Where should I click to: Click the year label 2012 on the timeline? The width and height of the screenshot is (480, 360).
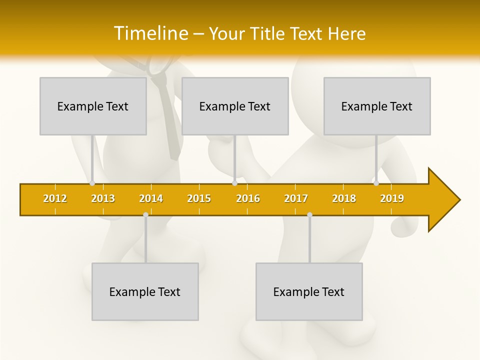tap(55, 198)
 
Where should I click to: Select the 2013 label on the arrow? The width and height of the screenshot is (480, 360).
tap(103, 198)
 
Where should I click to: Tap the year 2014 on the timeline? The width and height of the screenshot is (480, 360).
tap(151, 198)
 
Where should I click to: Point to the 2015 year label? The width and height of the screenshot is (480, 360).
tap(199, 198)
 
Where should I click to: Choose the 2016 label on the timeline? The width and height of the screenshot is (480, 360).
tap(248, 198)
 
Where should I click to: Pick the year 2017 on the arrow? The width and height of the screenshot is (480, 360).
tap(296, 198)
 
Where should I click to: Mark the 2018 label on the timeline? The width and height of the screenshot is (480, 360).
tap(344, 198)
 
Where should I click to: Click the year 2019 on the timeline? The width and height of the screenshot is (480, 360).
tap(392, 198)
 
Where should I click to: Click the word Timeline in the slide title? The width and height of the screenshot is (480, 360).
tap(150, 33)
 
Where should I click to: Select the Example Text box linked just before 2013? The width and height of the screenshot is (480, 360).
tap(93, 106)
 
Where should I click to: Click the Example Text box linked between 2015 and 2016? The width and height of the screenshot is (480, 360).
tap(235, 106)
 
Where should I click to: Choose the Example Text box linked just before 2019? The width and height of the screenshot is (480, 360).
tap(377, 106)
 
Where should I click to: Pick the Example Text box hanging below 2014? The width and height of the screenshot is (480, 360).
tap(145, 291)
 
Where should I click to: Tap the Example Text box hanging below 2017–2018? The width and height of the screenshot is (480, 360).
tap(309, 291)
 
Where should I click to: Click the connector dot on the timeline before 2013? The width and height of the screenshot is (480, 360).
tap(92, 183)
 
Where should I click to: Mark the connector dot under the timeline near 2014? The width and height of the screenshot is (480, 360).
tap(145, 215)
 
